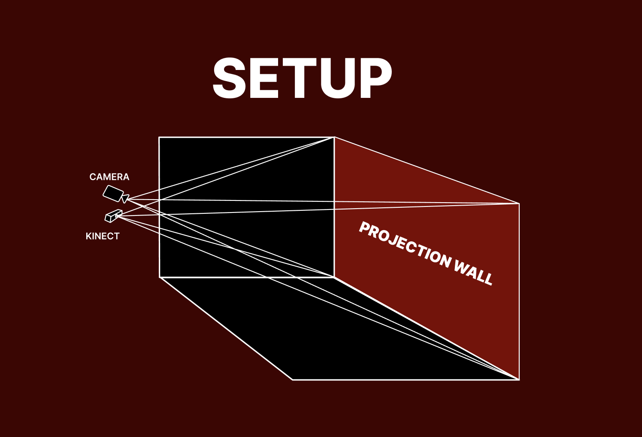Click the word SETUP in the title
pyautogui.click(x=302, y=79)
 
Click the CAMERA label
pyautogui.click(x=109, y=177)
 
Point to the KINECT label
pyautogui.click(x=103, y=236)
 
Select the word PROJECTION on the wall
pyautogui.click(x=404, y=244)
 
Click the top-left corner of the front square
pyautogui.click(x=159, y=137)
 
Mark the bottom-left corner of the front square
pyautogui.click(x=160, y=277)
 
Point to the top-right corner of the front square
pyautogui.click(x=334, y=137)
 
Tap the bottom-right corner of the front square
pyautogui.click(x=334, y=277)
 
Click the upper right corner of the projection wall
pyautogui.click(x=519, y=203)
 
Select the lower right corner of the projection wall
pyautogui.click(x=519, y=379)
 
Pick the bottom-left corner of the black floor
pyautogui.click(x=293, y=379)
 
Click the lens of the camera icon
pyautogui.click(x=125, y=198)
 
